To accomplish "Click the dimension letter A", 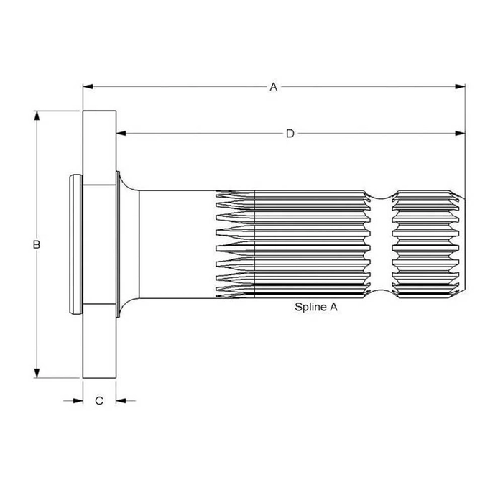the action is (273, 87).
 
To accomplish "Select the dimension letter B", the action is (37, 244).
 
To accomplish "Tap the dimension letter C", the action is (99, 401).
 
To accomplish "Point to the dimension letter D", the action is (290, 134).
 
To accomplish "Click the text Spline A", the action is (316, 307).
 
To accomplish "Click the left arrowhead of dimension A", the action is (88, 87).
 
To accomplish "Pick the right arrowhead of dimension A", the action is (460, 87).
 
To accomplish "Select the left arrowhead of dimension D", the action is (121, 134).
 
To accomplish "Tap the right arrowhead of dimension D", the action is (460, 134).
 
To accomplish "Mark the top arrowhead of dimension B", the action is (37, 116).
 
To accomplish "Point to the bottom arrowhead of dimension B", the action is (37, 373).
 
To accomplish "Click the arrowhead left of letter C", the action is (78, 401).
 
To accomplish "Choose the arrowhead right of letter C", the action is (121, 401).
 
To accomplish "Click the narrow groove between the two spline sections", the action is (381, 244).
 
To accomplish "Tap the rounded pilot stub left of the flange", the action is (76, 244).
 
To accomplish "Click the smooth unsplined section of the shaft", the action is (177, 244).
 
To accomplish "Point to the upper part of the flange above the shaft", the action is (99, 148).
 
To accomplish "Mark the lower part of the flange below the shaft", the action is (99, 341).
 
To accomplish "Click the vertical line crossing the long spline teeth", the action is (254, 244).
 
